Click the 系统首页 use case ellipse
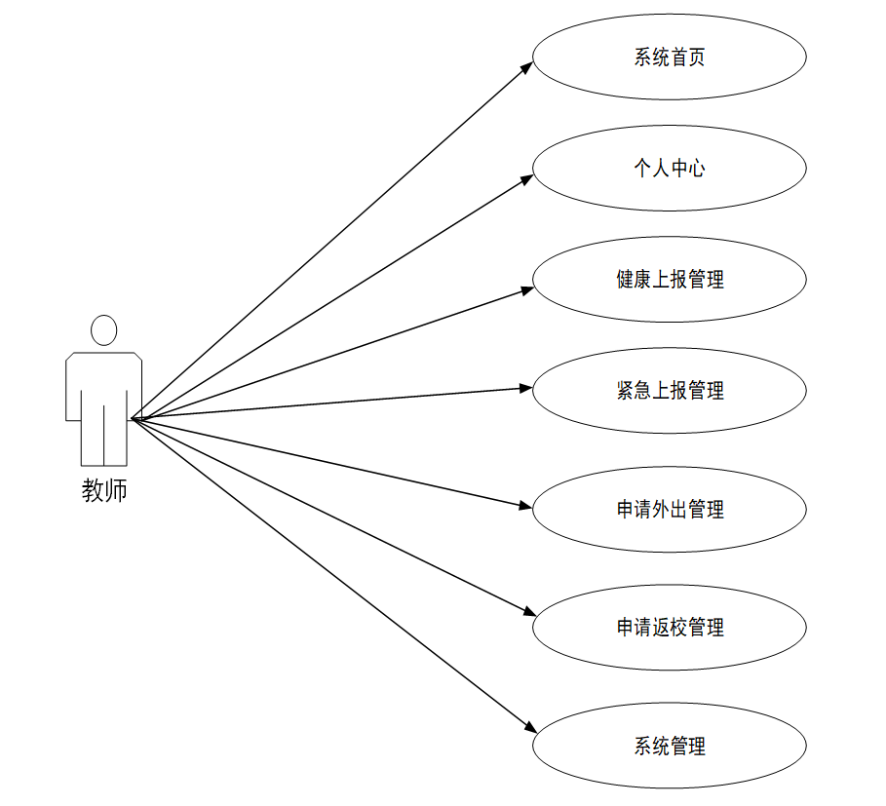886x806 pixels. pos(669,57)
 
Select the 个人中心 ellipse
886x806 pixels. pos(669,169)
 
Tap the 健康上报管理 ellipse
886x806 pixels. pos(669,280)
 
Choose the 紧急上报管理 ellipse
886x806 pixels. pos(669,391)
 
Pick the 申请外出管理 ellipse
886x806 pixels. pos(669,509)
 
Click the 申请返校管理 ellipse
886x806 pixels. pos(669,628)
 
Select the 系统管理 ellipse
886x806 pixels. pos(669,747)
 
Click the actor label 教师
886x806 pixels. pos(104,491)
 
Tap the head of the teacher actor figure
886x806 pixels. pos(104,330)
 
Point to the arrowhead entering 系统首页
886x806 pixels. pos(527,67)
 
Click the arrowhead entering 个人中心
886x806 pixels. pos(527,177)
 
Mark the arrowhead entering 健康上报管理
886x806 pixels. pos(526,288)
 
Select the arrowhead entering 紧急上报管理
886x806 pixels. pos(526,388)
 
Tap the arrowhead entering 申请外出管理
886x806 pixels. pos(526,505)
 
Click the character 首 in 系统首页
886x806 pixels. pos(678,57)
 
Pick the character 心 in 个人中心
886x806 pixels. pos(696,169)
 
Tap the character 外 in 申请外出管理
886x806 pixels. pos(661,509)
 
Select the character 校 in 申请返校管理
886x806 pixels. pos(678,628)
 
